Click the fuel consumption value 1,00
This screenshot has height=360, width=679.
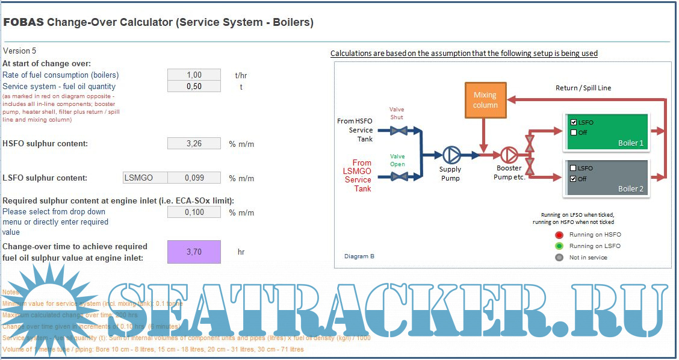(194, 75)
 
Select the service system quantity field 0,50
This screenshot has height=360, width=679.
(194, 87)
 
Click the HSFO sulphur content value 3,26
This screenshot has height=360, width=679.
(194, 143)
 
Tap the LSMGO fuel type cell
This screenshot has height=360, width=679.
(144, 178)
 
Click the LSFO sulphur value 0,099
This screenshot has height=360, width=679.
(194, 178)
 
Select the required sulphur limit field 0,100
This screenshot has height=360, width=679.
(194, 212)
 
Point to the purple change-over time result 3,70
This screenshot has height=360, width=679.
(194, 252)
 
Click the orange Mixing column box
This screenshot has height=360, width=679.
(485, 100)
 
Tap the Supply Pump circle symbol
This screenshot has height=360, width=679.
(451, 155)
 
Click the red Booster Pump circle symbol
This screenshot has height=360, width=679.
(509, 155)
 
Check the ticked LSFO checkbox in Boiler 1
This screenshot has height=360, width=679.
(574, 123)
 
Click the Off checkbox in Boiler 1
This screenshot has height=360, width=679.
(574, 132)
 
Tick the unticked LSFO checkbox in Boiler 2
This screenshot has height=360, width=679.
(574, 169)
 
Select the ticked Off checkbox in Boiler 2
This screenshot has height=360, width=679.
(574, 179)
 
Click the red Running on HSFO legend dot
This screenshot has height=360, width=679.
(559, 235)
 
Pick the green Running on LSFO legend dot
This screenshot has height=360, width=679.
(559, 246)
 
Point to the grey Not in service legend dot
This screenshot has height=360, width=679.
(559, 258)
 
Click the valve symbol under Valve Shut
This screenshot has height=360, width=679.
(397, 130)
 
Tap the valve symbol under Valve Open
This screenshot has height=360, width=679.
(397, 176)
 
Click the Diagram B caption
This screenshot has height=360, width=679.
(359, 256)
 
